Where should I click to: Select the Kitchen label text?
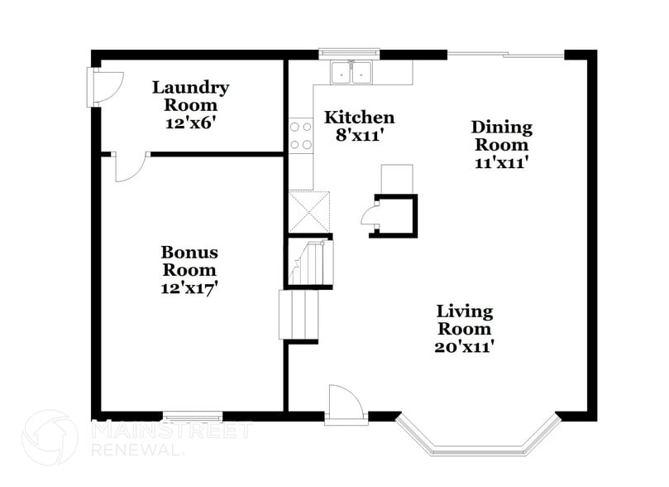click(x=358, y=117)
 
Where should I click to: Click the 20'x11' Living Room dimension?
click(x=464, y=347)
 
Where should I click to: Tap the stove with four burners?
click(x=300, y=136)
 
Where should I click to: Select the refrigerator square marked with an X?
click(x=308, y=211)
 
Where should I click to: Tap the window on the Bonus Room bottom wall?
click(x=192, y=417)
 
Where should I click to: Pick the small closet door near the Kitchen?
click(x=370, y=216)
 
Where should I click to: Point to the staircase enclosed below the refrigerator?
click(x=308, y=262)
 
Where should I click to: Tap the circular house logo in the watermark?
click(x=49, y=438)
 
